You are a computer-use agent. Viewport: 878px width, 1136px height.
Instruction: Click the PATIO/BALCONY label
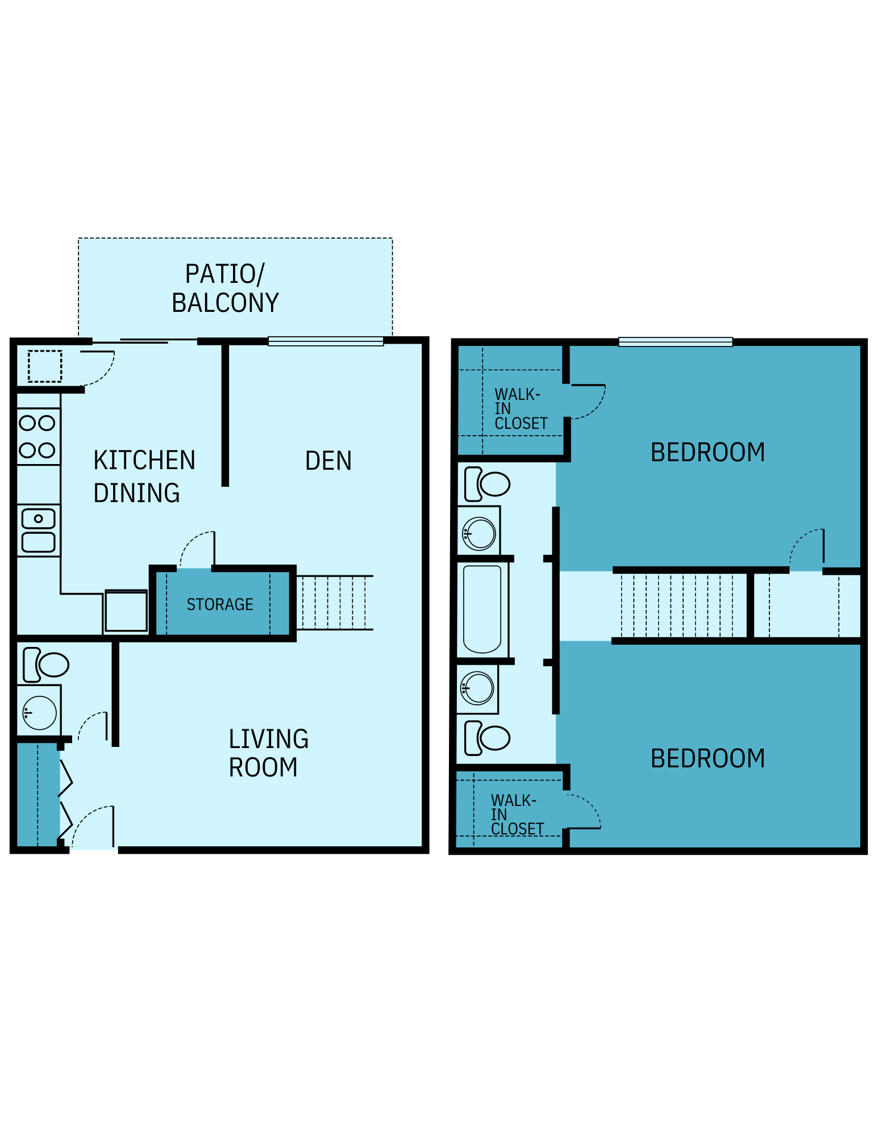coord(225,288)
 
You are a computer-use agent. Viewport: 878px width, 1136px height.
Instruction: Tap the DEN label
coord(328,461)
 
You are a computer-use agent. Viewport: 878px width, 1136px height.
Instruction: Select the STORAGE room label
coord(220,604)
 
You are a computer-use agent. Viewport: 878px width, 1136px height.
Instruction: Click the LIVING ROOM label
coord(268,753)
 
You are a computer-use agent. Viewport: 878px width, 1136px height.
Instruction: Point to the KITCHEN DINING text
coord(144,477)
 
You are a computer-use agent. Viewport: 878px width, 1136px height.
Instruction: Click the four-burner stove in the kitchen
coord(38,437)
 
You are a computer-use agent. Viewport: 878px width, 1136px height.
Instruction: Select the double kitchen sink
coord(38,531)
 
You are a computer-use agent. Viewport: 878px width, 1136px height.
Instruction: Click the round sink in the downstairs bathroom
coord(39,712)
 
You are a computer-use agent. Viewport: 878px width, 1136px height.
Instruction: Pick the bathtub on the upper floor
coord(482,609)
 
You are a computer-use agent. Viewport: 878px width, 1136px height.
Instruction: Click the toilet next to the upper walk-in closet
coord(487,484)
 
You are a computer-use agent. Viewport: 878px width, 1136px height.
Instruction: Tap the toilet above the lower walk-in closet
coord(487,738)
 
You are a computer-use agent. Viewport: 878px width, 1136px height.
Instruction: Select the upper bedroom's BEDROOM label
coord(707,453)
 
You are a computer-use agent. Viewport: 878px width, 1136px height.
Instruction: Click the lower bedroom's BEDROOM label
coord(707,759)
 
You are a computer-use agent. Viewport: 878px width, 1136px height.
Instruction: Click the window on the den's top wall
coord(326,341)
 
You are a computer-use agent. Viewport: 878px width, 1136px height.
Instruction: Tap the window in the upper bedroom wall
coord(675,342)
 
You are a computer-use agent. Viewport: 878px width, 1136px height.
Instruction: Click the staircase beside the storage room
coord(335,603)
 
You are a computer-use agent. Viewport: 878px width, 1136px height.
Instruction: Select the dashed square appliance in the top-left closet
coord(45,366)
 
